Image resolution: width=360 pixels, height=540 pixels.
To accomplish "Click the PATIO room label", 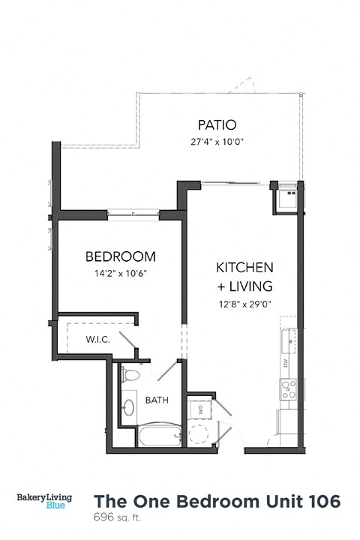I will coord(217,124).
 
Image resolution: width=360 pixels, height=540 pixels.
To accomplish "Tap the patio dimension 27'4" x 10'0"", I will coord(217,141).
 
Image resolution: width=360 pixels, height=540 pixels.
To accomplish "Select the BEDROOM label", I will coord(120,256).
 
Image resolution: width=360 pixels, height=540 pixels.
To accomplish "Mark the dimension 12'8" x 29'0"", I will coord(244,304).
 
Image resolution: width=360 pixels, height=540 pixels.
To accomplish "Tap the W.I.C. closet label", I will coord(97,340).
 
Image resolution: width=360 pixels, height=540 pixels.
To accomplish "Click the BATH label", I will coord(157,400).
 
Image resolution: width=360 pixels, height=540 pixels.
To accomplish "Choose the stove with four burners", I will coord(289,388).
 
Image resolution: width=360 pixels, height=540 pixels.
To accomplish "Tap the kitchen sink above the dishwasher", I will coord(289,341).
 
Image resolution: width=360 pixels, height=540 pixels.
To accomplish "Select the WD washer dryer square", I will coord(201,409).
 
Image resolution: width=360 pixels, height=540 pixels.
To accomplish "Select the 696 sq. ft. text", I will coord(117,517).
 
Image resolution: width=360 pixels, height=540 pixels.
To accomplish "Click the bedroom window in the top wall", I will coord(133,214).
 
